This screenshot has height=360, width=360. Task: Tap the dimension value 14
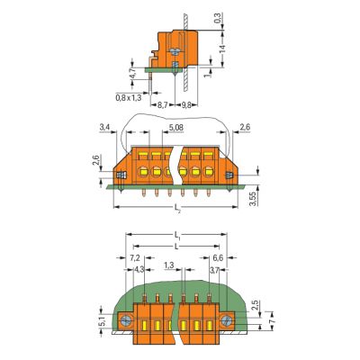point(222,49)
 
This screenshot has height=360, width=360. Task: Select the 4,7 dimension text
point(132,74)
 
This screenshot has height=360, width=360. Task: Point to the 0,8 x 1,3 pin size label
point(129,97)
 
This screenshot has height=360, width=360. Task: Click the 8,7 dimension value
point(162,105)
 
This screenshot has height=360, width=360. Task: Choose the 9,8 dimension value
point(186,105)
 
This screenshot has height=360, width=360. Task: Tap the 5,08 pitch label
point(176,128)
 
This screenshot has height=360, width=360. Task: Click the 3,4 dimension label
point(104,128)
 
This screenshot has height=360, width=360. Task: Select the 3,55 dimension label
point(254,198)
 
